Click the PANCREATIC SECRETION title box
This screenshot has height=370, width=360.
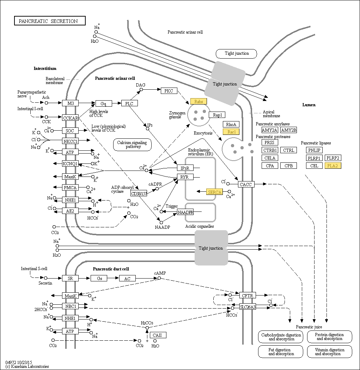[50, 21]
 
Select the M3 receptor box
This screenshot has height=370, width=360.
[71, 103]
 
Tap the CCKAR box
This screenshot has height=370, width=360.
[70, 118]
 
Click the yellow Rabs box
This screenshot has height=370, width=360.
[199, 101]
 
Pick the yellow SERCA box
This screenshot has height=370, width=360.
[214, 192]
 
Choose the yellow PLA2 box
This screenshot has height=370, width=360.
[333, 166]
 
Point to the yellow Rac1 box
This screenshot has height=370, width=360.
[231, 132]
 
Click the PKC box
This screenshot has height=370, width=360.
[169, 91]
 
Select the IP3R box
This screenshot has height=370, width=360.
[185, 168]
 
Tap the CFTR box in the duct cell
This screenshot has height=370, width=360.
[248, 295]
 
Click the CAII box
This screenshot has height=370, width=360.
[158, 335]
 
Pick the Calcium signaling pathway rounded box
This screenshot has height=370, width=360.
[132, 144]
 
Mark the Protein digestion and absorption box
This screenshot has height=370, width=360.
[329, 336]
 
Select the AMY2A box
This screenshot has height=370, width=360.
[270, 130]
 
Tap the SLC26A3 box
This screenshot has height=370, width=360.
[248, 307]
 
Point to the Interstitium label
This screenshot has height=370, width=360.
[45, 68]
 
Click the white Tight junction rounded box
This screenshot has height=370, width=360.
[237, 54]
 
